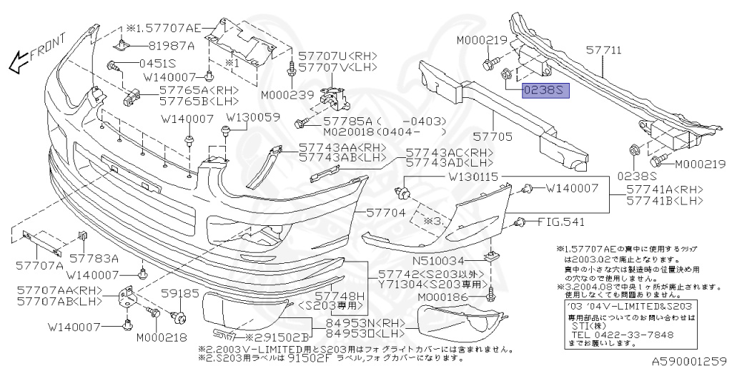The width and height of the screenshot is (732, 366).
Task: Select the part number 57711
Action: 605,51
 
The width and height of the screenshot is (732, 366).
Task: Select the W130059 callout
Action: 253,117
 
